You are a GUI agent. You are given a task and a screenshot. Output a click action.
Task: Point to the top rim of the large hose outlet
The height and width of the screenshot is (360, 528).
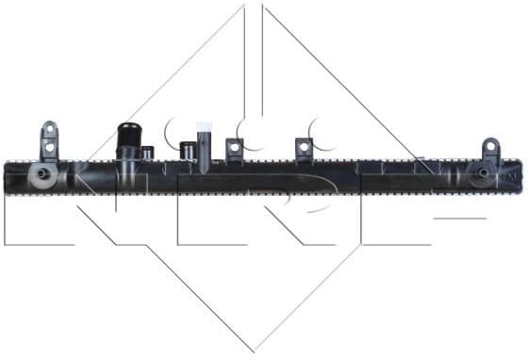click(129, 127)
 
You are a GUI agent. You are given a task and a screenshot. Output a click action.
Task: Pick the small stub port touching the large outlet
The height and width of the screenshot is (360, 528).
click(147, 152)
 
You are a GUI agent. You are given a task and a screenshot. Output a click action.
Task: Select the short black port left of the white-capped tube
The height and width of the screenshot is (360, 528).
click(187, 150)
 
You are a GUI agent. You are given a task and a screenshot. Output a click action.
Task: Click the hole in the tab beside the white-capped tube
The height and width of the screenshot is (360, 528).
click(234, 147)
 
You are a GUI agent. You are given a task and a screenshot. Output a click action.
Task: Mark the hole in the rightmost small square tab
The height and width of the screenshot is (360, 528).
click(304, 147)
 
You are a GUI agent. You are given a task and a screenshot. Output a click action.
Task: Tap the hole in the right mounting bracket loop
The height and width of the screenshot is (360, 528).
click(489, 148)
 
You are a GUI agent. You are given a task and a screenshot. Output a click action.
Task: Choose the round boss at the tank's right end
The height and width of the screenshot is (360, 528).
click(483, 173)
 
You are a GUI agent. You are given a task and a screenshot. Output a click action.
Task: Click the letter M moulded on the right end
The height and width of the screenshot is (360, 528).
click(512, 173)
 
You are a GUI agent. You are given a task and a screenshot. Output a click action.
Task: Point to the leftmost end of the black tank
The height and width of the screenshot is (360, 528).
click(7, 177)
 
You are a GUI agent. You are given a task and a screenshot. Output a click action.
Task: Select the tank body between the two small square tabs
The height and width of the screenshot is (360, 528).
click(269, 177)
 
